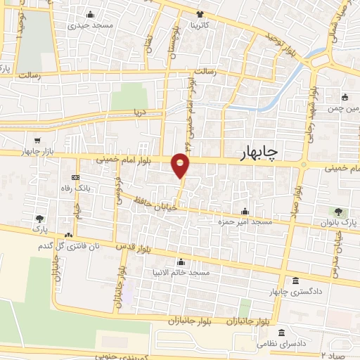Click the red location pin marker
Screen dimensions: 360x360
click(181, 165)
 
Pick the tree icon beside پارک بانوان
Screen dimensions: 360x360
click(339, 210)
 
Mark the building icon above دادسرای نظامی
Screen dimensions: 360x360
click(281, 333)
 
